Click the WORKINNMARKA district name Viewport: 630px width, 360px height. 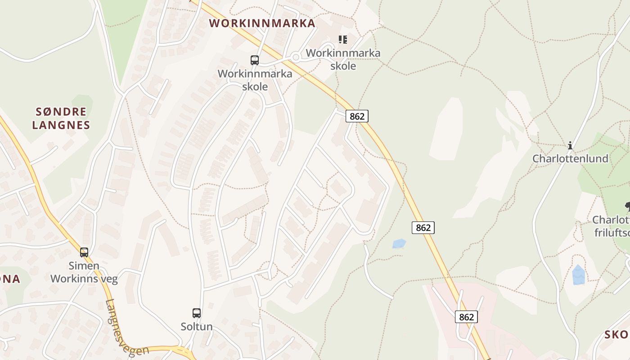[x=262, y=23]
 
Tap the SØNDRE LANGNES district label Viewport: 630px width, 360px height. [x=61, y=118]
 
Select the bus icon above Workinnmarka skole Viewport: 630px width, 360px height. [x=255, y=60]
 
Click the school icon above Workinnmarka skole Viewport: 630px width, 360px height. [x=343, y=40]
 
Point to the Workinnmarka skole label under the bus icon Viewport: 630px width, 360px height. [x=255, y=80]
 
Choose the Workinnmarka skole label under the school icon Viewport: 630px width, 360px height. [x=343, y=59]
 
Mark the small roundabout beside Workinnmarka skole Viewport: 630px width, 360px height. [x=296, y=57]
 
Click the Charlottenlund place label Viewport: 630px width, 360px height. [x=570, y=158]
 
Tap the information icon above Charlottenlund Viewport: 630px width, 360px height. [x=570, y=145]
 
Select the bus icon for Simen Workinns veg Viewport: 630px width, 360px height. [x=84, y=252]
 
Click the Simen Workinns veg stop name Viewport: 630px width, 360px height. [x=84, y=272]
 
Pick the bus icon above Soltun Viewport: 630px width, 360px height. [x=197, y=313]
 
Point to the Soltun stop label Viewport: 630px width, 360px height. [x=197, y=326]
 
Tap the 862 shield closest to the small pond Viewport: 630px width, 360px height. [x=423, y=228]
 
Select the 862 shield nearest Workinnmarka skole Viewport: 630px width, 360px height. [x=357, y=116]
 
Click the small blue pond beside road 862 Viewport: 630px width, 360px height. [x=399, y=243]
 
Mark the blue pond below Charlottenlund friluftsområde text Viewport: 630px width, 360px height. [x=579, y=275]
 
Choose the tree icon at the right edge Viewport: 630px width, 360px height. [x=627, y=207]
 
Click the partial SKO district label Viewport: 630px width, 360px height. [x=616, y=334]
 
